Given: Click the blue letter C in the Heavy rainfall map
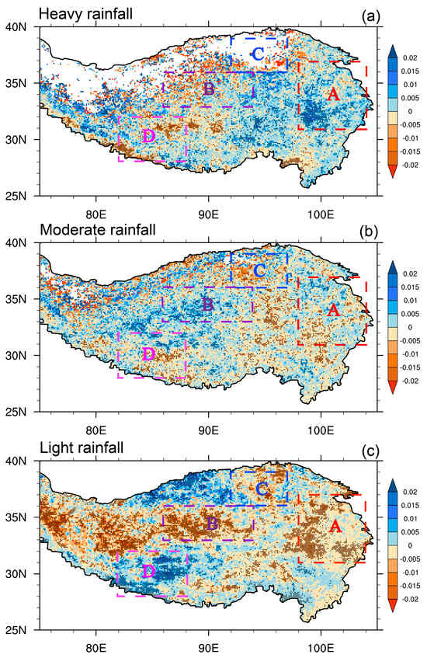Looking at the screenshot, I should coord(256,54).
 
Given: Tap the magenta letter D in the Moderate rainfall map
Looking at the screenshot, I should coord(149,354).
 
